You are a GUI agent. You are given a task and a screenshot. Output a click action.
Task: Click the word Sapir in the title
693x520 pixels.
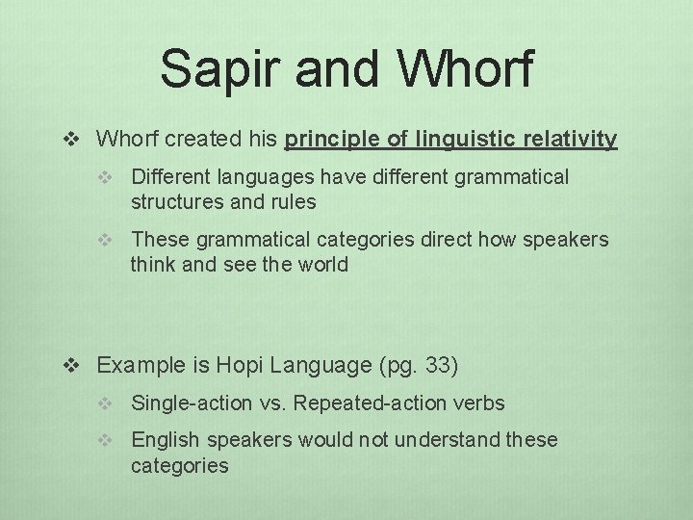click(205, 69)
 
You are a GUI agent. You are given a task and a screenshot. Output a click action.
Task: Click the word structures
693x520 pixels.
click(172, 202)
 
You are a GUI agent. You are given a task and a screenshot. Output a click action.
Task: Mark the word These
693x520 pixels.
click(157, 239)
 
